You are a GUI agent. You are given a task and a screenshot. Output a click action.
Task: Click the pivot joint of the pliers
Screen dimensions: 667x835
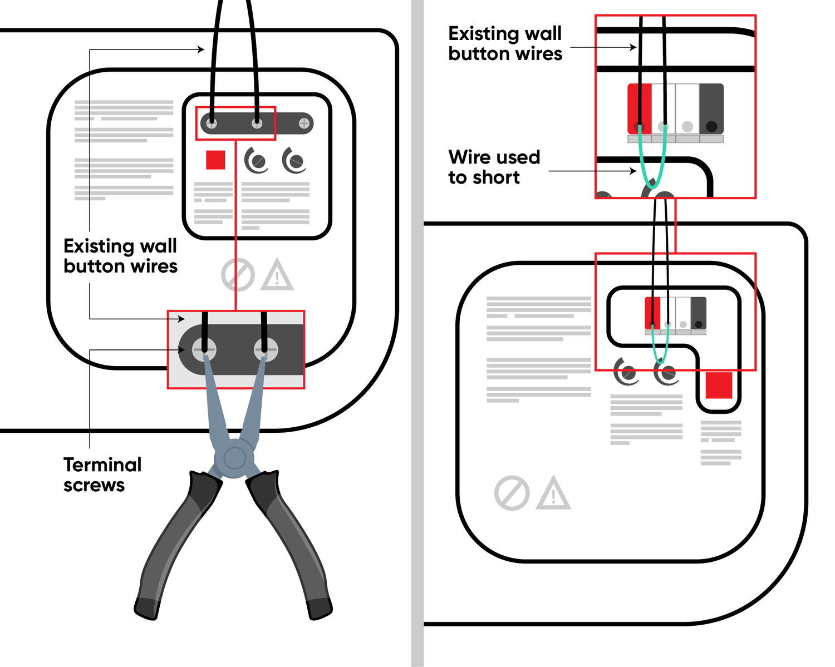234,458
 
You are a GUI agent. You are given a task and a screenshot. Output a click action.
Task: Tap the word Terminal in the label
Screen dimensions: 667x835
102,465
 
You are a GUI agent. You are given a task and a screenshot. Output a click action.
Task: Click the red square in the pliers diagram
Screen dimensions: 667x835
215,160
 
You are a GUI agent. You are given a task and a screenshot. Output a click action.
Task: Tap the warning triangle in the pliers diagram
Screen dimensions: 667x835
277,275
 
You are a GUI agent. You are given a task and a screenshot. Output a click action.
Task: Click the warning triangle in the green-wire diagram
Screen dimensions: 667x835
553,493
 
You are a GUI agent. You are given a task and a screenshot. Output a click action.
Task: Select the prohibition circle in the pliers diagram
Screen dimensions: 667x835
238,275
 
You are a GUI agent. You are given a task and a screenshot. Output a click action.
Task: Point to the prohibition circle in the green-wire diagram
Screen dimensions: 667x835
512,493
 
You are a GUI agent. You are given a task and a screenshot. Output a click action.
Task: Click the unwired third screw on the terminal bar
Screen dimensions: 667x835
304,123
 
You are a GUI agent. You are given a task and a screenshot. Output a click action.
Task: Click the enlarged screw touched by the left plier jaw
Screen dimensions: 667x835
204,350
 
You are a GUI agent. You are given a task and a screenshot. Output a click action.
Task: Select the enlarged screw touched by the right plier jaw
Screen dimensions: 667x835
266,350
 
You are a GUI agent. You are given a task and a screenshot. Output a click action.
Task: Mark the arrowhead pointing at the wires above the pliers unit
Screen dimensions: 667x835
202,50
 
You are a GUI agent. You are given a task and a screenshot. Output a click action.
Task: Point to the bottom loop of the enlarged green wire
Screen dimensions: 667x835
652,183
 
